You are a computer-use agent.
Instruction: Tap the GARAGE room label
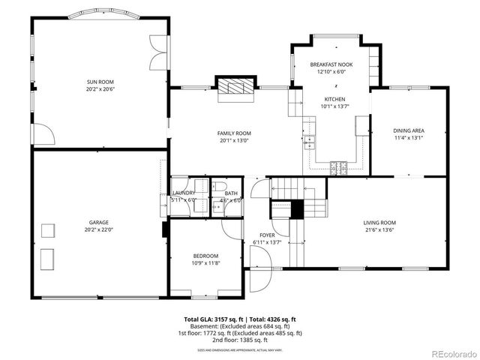tap(100, 223)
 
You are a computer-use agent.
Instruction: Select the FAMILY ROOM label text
tap(235, 133)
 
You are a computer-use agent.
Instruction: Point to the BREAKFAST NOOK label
tap(331, 65)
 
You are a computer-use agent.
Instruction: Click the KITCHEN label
tap(334, 99)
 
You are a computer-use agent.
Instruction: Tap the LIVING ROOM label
tap(379, 223)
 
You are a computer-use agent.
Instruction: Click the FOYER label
tap(268, 235)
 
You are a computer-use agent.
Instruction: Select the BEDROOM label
tap(205, 256)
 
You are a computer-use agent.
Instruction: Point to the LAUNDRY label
tap(183, 193)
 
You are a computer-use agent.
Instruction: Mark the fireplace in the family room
tap(235, 87)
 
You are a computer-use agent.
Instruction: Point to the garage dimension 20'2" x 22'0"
tap(100, 229)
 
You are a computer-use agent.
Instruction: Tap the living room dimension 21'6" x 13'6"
tap(379, 229)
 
